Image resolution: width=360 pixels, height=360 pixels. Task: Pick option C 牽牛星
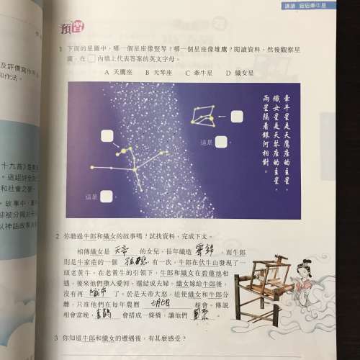(x=199, y=73)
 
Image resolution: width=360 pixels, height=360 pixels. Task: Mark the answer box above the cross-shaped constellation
(x=108, y=135)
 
